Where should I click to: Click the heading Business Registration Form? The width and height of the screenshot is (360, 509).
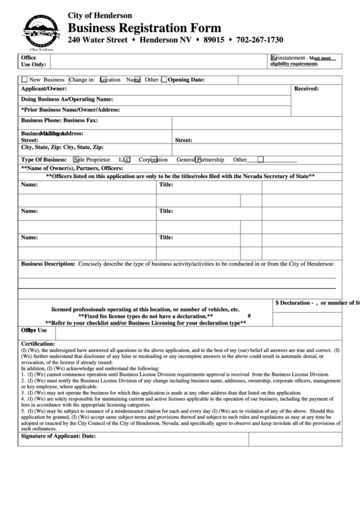144,28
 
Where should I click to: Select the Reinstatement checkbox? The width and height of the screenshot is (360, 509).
274,58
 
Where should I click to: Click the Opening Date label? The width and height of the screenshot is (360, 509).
186,80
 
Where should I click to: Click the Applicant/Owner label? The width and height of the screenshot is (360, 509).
43,89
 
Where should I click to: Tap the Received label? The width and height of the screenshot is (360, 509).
306,89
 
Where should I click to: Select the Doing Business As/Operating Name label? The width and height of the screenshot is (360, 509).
67,99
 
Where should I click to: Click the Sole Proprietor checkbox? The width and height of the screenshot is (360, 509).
75,160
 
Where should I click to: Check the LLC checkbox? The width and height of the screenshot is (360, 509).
127,160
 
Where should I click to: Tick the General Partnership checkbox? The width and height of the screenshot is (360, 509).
198,160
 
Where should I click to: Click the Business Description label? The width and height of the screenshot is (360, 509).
48,263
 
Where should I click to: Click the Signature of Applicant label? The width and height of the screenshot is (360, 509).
58,435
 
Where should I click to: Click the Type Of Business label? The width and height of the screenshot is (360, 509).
45,160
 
